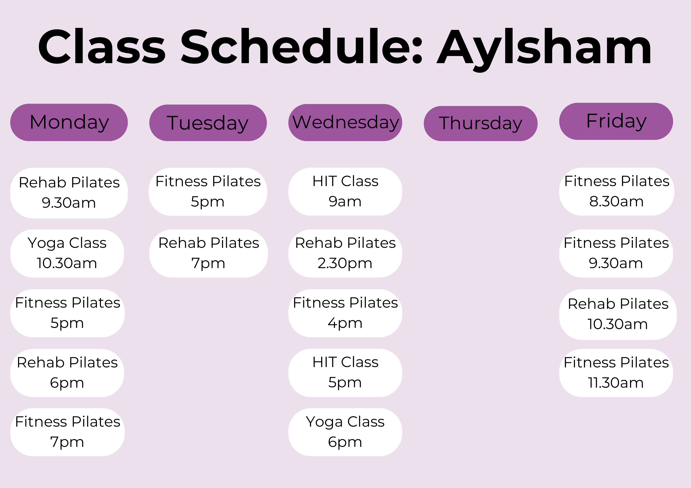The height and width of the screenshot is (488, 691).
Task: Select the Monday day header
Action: coord(69,122)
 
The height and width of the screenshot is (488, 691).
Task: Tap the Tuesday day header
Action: coord(208,123)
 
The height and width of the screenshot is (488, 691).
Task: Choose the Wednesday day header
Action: coord(345,122)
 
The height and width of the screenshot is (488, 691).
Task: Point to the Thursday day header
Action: coord(481,123)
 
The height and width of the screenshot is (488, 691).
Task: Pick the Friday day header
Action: coord(616,121)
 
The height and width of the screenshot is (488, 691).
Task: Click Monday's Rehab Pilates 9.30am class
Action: coord(69,193)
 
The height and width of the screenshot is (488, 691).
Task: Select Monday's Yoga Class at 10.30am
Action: coord(67,254)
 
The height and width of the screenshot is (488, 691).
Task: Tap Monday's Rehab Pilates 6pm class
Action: coord(67,373)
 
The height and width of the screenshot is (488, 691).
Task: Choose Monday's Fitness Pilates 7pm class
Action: coord(67,432)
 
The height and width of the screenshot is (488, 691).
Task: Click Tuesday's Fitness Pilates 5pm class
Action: coord(208,192)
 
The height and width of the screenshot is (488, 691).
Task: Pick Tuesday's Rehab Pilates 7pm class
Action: coord(209,254)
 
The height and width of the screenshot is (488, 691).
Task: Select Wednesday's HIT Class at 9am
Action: coord(345,192)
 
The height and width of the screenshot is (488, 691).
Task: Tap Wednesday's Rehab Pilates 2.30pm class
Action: coord(345,254)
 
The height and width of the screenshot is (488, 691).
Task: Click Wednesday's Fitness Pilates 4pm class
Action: coord(345,313)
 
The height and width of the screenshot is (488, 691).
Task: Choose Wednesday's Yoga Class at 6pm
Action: coord(345,432)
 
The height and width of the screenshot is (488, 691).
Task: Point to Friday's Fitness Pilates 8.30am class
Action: coord(617,192)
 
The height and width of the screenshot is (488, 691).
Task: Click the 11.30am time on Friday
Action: coord(616,383)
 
